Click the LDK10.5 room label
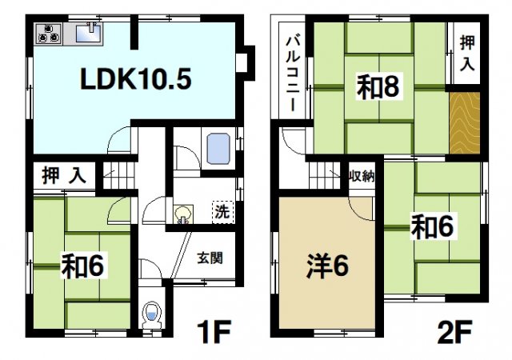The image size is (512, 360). pos(134,81)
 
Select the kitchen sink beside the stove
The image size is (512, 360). pos(87,33)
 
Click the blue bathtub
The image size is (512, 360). pos(218,149)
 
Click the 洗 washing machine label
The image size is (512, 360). pos(221,212)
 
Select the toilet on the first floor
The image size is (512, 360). pos(150,315)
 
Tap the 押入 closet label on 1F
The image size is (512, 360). pos(64,176)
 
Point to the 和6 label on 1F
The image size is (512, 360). pos(83,265)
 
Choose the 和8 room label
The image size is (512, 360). pos(377,87)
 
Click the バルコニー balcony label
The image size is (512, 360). pos(293,72)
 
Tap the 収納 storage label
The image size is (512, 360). pos(362,176)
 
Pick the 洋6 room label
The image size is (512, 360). pos(326,266)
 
